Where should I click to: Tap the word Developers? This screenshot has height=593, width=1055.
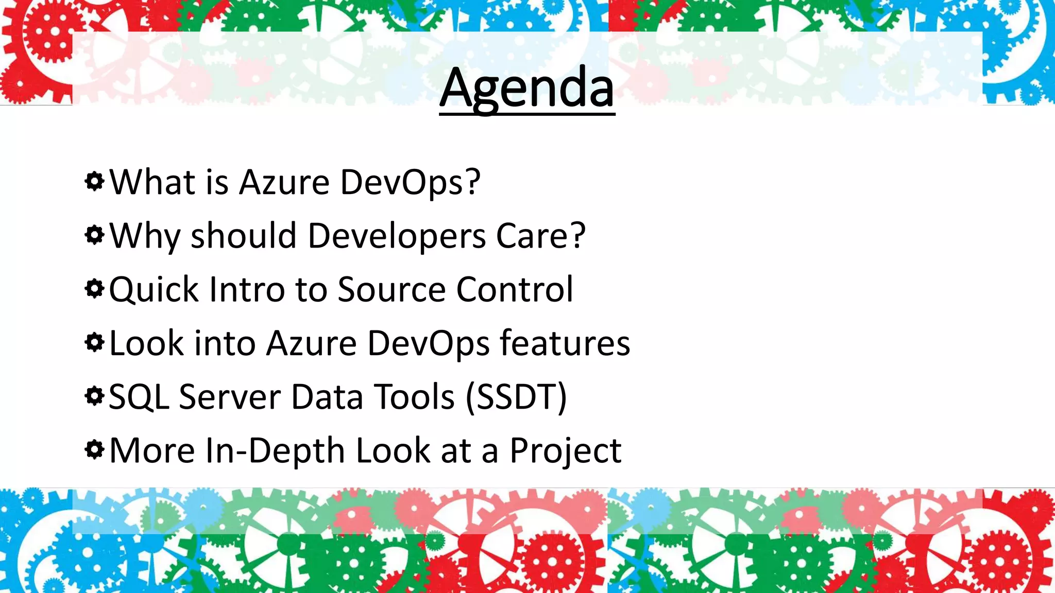click(397, 236)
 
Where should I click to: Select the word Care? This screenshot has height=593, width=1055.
click(540, 236)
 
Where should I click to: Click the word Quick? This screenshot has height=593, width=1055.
click(154, 290)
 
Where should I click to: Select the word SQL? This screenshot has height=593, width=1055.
click(139, 397)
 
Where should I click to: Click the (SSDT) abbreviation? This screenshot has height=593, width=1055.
click(516, 397)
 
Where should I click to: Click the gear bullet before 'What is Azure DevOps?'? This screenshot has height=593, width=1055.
click(94, 181)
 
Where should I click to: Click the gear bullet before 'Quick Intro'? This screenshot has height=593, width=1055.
click(94, 289)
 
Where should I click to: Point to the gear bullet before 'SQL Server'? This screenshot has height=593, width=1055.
click(94, 396)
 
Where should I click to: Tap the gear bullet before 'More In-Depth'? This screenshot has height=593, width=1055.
click(94, 450)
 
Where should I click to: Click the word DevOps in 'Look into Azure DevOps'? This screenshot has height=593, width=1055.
click(428, 343)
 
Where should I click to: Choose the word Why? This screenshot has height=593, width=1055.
click(145, 236)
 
